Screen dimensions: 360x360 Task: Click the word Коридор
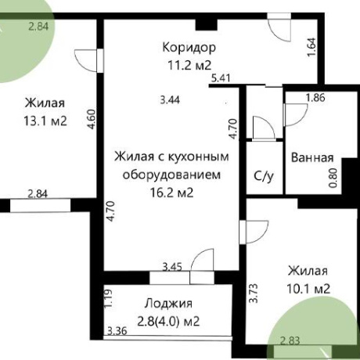click(x=189, y=48)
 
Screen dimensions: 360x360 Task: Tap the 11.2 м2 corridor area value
click(x=189, y=65)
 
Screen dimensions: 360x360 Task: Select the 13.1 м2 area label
click(x=45, y=121)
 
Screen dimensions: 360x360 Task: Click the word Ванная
click(x=312, y=158)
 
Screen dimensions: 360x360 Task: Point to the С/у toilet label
click(x=264, y=176)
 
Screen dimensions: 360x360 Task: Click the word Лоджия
click(x=168, y=304)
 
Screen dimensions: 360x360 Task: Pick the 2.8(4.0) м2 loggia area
click(x=168, y=321)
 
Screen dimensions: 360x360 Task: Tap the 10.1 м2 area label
click(x=308, y=289)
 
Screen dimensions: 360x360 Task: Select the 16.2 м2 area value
click(x=171, y=193)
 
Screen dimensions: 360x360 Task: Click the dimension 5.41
click(x=221, y=78)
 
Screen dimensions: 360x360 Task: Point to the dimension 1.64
click(x=311, y=47)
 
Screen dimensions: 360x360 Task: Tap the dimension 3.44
click(x=170, y=100)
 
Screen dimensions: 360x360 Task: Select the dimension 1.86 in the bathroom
click(x=315, y=98)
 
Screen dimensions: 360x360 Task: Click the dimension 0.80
click(x=333, y=178)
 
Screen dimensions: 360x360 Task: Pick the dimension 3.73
click(x=254, y=293)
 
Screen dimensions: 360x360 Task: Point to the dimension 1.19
click(x=108, y=298)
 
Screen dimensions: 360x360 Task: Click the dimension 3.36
click(x=117, y=331)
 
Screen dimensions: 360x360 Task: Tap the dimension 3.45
click(x=172, y=267)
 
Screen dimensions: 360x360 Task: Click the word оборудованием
click(x=171, y=175)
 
